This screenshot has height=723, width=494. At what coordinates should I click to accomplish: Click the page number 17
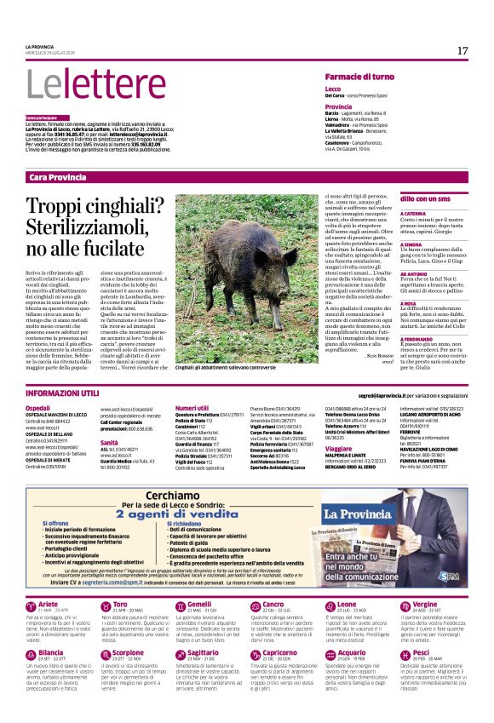462,51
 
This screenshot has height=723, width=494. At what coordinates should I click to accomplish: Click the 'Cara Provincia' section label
57,177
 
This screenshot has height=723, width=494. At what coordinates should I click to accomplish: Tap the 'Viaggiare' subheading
338,447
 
